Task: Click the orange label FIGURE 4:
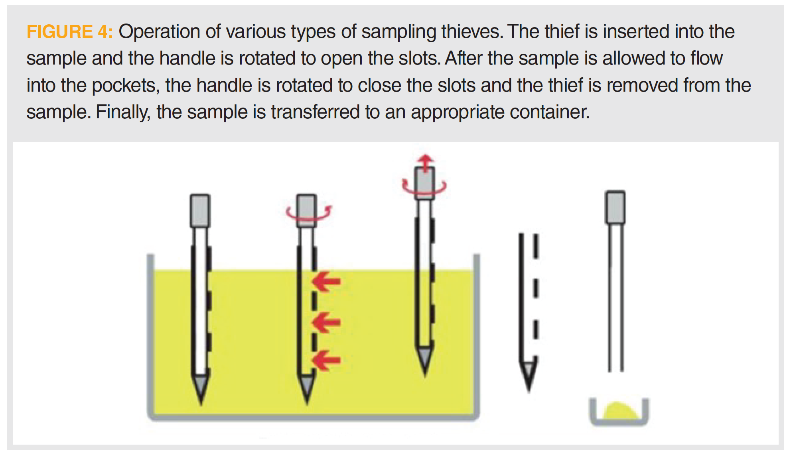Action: click(x=70, y=31)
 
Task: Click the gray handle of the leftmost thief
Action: click(x=200, y=210)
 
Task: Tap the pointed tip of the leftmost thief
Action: click(x=201, y=404)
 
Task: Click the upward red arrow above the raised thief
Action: click(x=426, y=162)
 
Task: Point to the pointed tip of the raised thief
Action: click(x=425, y=375)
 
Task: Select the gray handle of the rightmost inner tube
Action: click(x=615, y=207)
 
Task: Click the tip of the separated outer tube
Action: click(x=529, y=391)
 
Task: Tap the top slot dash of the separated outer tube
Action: click(x=536, y=246)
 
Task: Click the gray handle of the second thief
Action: click(x=306, y=210)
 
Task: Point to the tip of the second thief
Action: click(x=307, y=404)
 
